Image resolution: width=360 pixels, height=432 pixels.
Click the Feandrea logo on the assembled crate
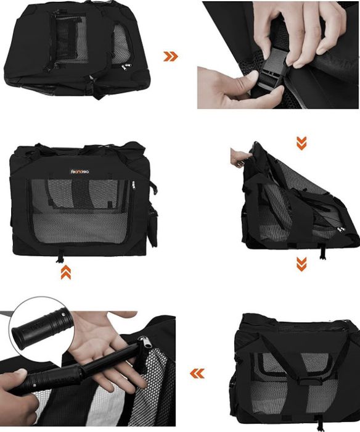point(80,172)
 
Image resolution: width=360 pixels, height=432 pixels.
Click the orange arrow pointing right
point(171,56)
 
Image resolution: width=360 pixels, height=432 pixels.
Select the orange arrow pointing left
point(197,373)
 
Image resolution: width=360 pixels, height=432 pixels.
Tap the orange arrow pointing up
point(66,273)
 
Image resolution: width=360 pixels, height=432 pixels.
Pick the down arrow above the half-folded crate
point(301,143)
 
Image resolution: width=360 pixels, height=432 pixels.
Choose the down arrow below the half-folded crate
point(301,264)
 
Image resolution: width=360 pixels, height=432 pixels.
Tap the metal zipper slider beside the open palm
point(144,344)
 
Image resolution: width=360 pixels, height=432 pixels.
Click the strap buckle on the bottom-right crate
point(308,381)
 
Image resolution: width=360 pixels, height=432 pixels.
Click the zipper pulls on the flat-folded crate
point(126,67)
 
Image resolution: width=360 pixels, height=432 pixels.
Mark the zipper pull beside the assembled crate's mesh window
point(134,185)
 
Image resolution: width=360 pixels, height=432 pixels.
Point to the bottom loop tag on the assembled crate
point(60,255)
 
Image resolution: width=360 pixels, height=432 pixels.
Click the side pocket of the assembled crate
point(152,226)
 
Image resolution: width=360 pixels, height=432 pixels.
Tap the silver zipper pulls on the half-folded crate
point(342,229)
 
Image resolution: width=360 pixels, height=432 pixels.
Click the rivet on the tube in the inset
point(63,314)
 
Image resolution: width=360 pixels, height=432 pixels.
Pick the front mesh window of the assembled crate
point(80,211)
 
